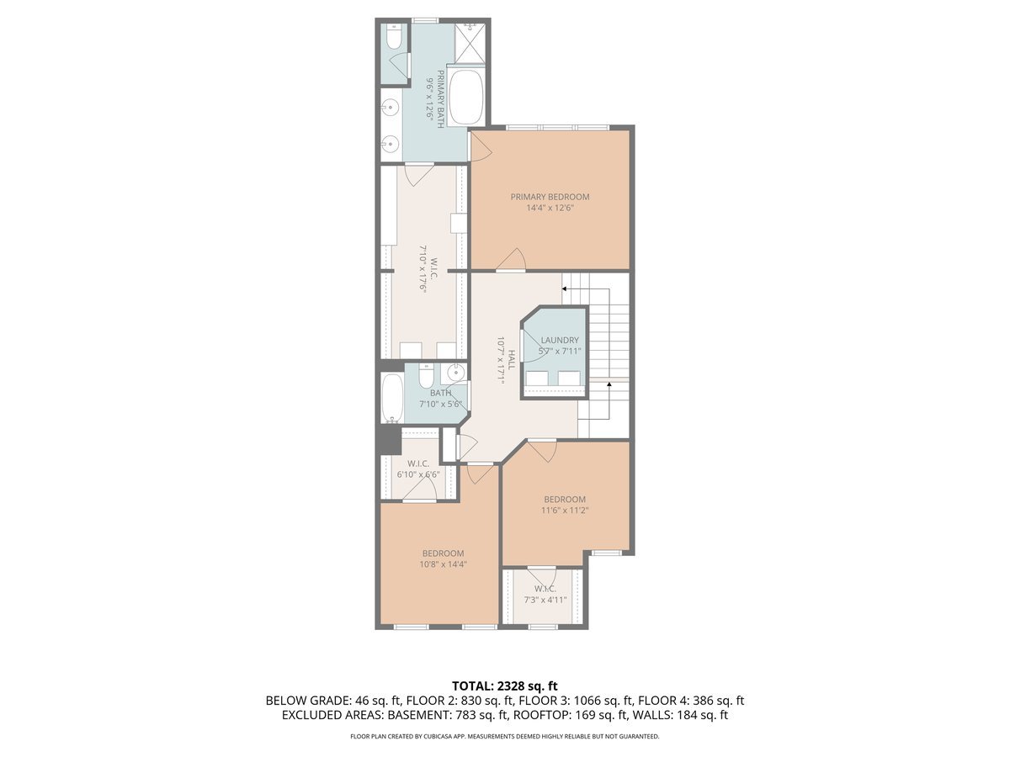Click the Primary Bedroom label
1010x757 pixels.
[550, 197]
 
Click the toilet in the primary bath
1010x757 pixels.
[393, 38]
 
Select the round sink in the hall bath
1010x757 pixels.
[454, 373]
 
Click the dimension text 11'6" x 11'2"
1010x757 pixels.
[564, 510]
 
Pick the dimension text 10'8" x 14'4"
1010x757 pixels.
[443, 564]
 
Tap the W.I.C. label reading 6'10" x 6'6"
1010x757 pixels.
[418, 474]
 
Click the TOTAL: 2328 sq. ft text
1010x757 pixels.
[505, 686]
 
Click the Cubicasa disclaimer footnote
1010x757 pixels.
[505, 736]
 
